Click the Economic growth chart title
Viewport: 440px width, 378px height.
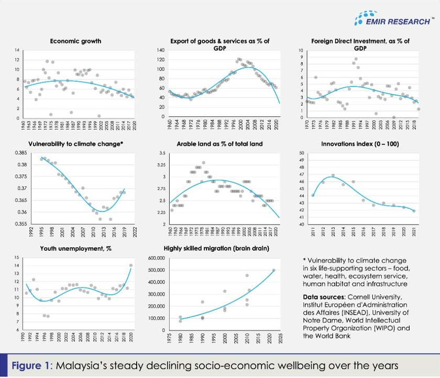click(x=75, y=40)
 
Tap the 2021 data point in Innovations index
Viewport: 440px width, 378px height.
click(x=414, y=211)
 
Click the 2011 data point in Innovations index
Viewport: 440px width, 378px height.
click(x=313, y=195)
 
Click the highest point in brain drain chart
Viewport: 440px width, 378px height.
click(x=273, y=271)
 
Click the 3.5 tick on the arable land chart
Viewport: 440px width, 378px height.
click(x=161, y=153)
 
